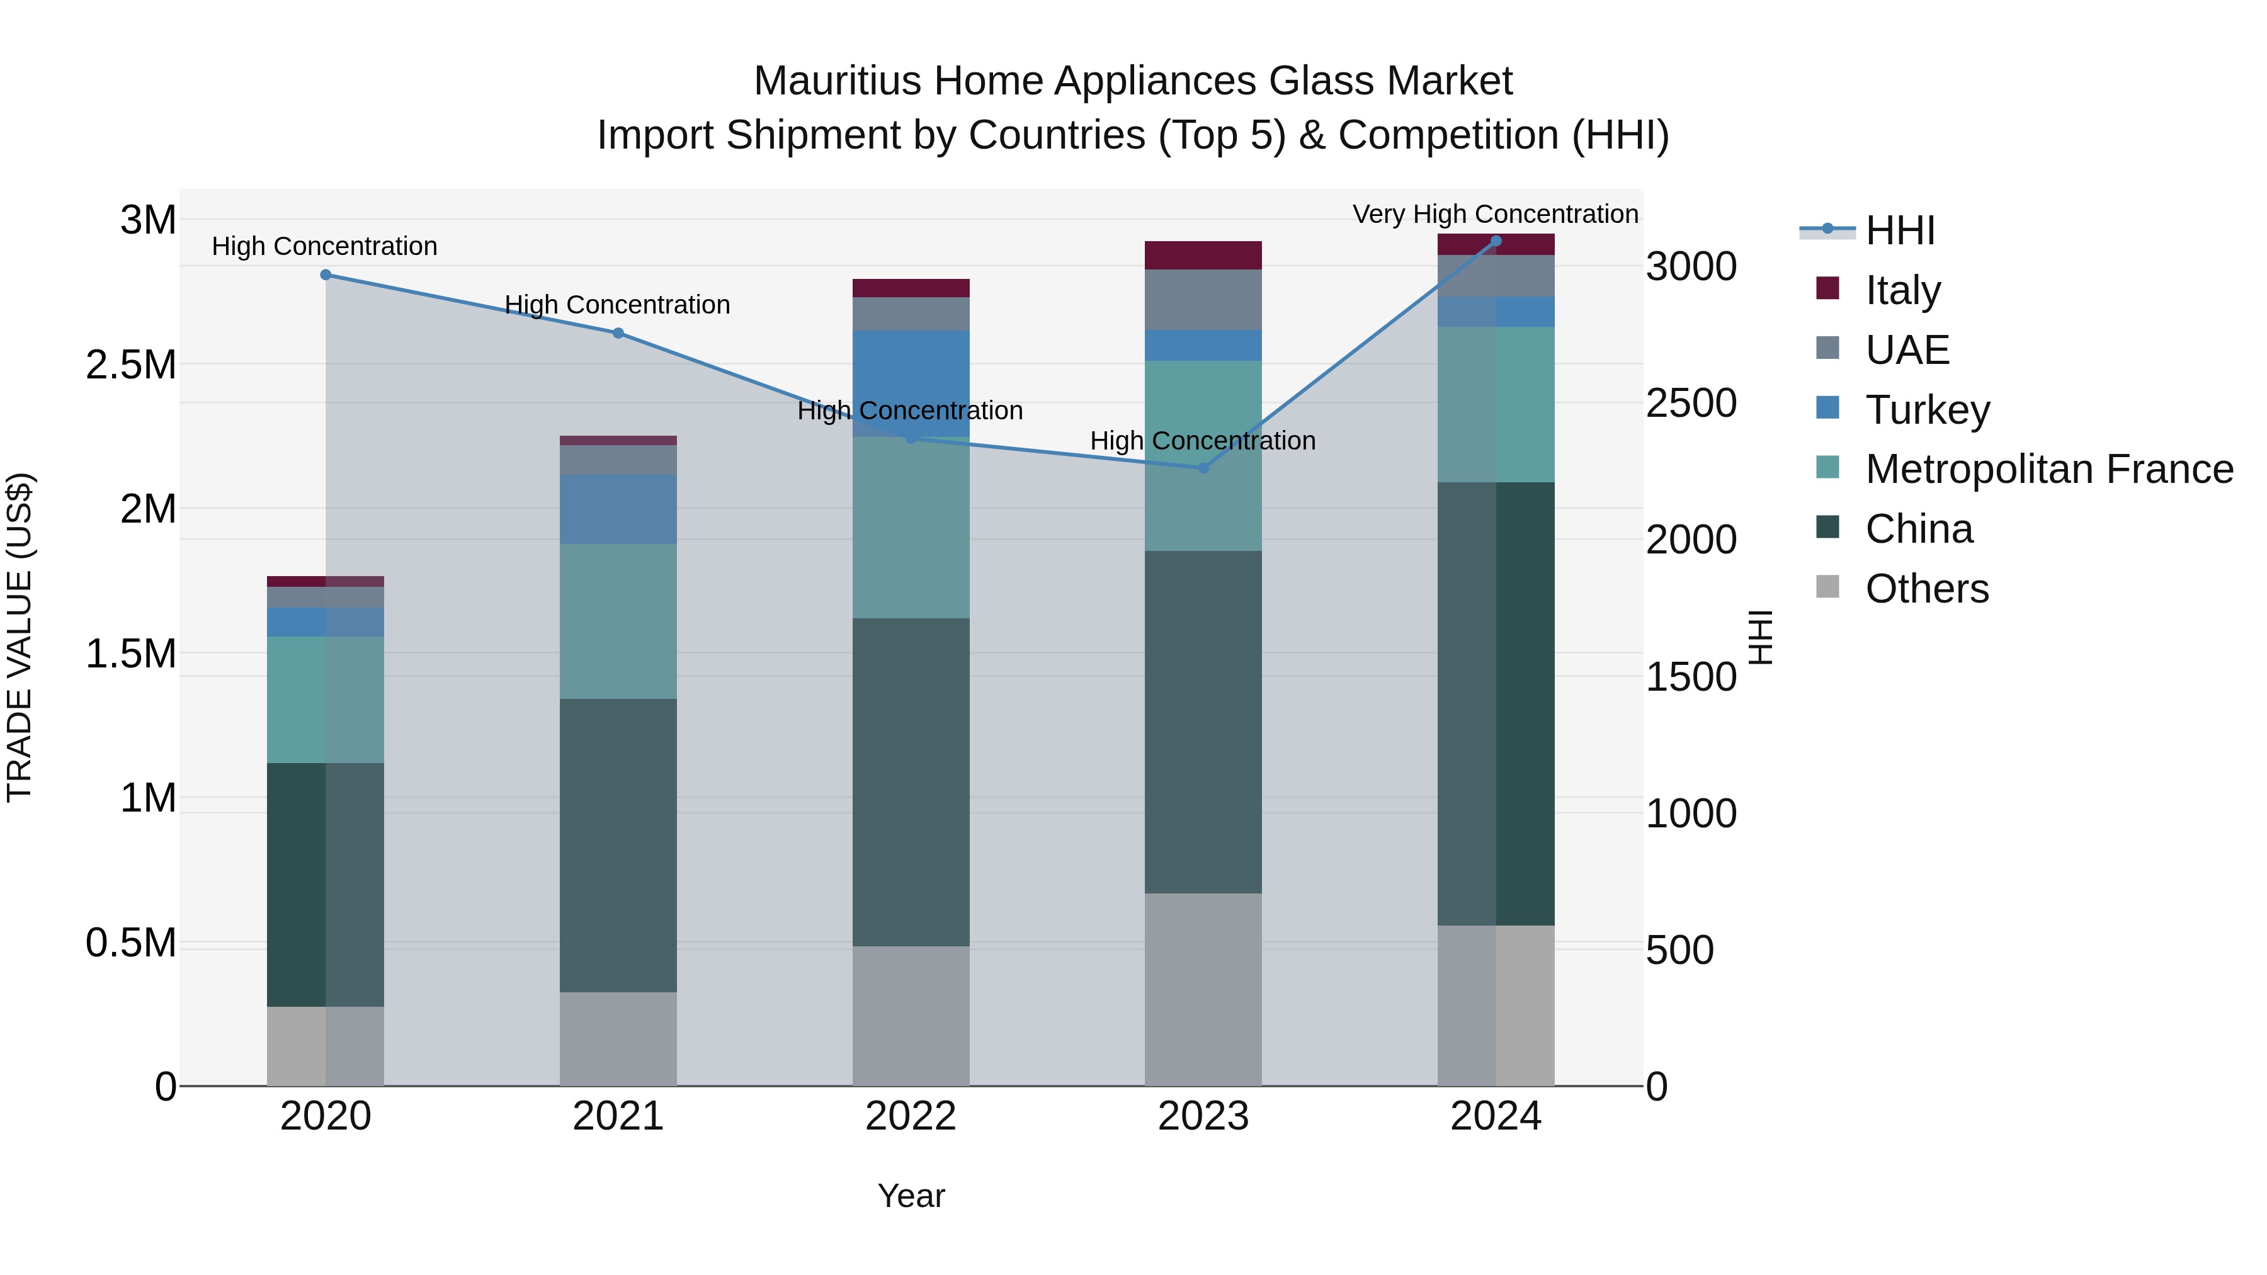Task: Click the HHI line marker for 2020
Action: (x=326, y=275)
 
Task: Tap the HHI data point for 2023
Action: (x=1203, y=468)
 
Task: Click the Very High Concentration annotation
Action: (x=1494, y=214)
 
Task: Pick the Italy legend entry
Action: (x=1902, y=290)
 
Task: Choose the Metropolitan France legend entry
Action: (x=2048, y=469)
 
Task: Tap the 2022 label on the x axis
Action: (x=910, y=1116)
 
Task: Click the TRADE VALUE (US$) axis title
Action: (x=20, y=637)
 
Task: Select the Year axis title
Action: (x=911, y=1196)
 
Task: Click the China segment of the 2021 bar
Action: (x=618, y=845)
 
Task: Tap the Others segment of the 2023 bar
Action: (x=1203, y=989)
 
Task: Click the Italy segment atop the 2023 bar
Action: (x=1203, y=255)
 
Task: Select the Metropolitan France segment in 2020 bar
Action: (x=326, y=700)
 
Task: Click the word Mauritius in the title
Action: (x=837, y=81)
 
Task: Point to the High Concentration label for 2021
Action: (x=617, y=305)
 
